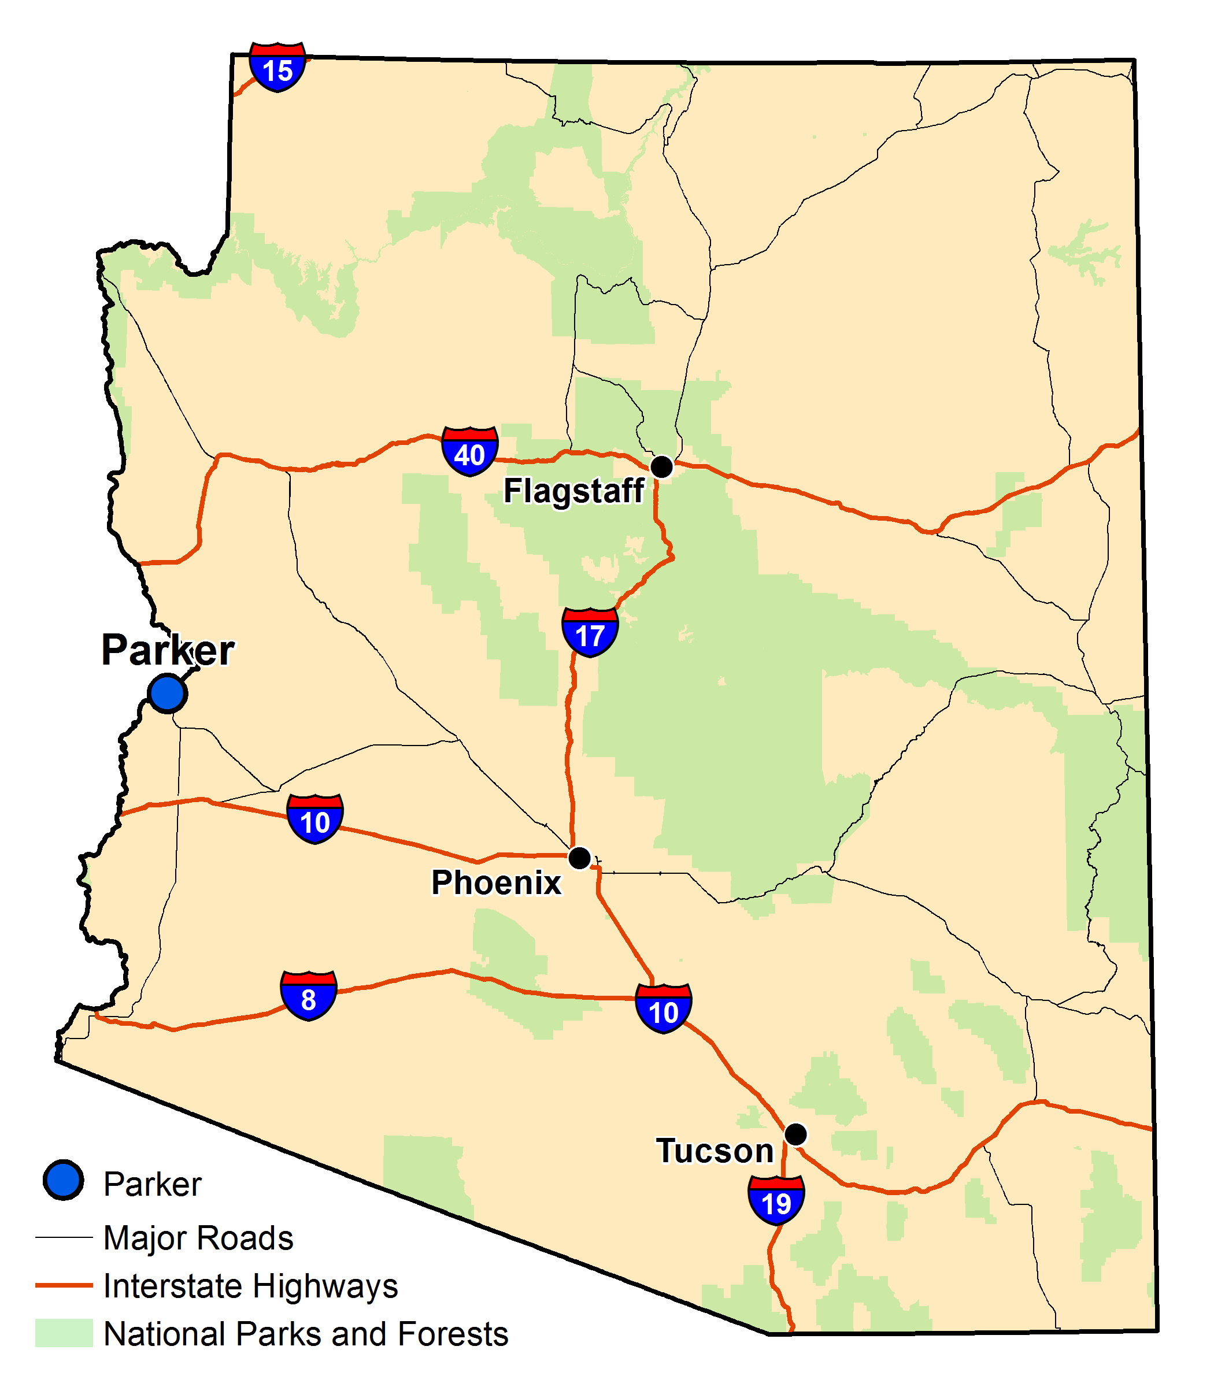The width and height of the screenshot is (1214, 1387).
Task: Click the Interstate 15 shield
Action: click(x=277, y=67)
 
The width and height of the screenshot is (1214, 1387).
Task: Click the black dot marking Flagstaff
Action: click(x=661, y=466)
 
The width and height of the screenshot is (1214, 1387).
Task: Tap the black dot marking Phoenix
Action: click(x=579, y=858)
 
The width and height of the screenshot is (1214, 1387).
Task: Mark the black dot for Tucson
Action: click(x=795, y=1134)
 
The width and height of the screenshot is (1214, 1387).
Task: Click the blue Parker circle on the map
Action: click(x=167, y=693)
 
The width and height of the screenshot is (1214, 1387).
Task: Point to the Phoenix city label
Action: click(x=496, y=882)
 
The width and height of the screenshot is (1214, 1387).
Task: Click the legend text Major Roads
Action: click(x=198, y=1238)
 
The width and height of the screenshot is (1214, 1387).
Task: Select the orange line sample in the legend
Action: click(x=64, y=1285)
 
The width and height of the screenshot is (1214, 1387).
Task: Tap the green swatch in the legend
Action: click(x=64, y=1333)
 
